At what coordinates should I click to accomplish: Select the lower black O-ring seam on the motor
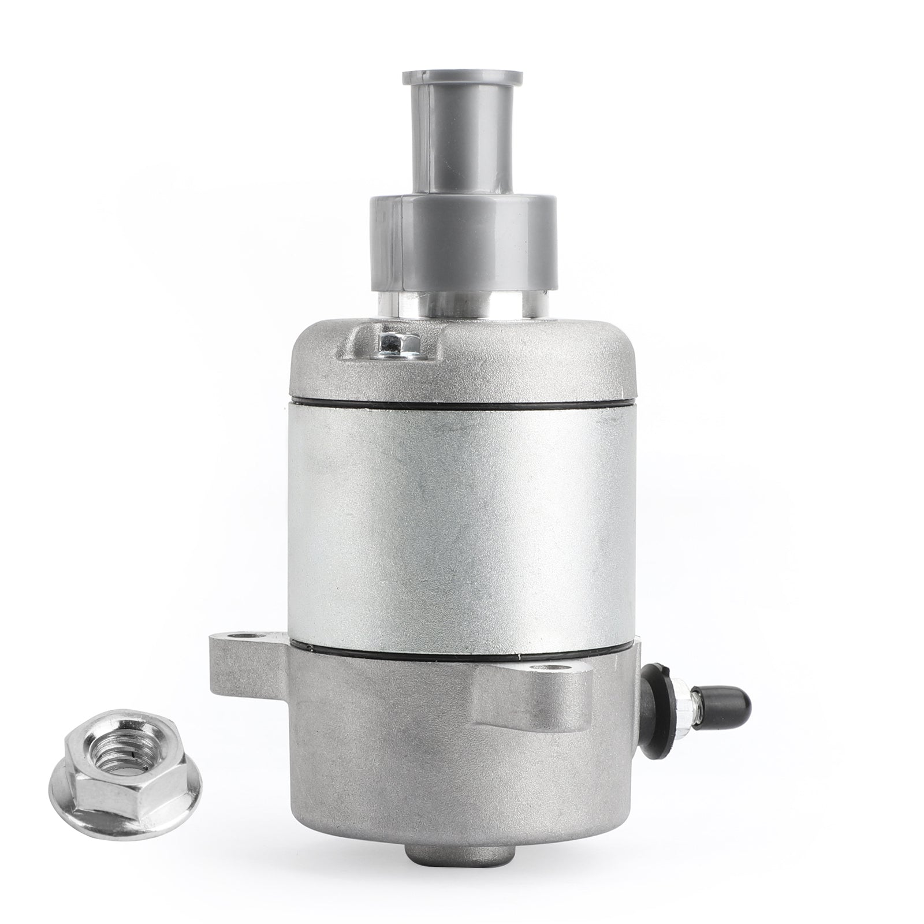[462, 659]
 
